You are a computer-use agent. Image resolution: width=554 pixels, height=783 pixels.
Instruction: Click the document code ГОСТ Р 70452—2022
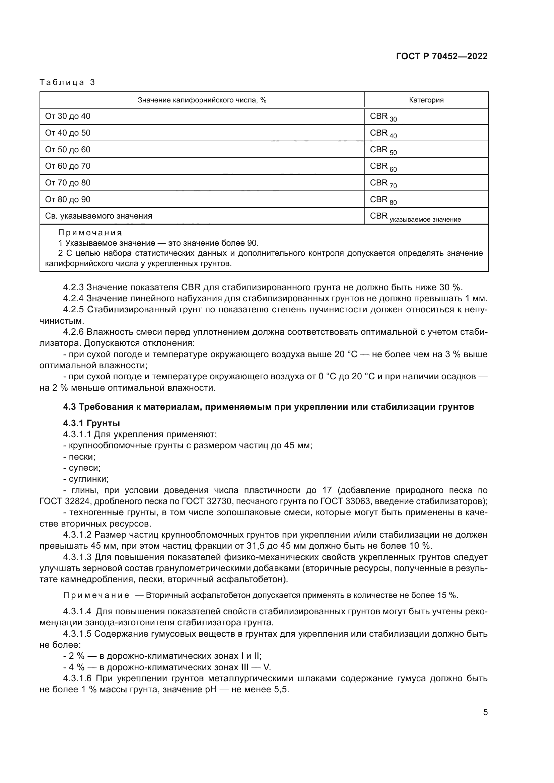pyautogui.click(x=442, y=56)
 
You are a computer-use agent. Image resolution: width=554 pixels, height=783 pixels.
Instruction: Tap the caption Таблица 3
pyautogui.click(x=67, y=82)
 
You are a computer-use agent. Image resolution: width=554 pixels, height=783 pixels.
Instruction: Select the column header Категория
pyautogui.click(x=426, y=100)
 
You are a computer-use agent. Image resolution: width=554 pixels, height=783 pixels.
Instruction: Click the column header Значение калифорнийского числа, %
pyautogui.click(x=202, y=100)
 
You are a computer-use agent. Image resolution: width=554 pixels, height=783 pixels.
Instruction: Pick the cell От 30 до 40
pyautogui.click(x=68, y=116)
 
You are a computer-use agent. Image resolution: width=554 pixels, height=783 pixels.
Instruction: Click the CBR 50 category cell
pyautogui.click(x=383, y=150)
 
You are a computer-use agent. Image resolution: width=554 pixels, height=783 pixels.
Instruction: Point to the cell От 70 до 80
pyautogui.click(x=68, y=183)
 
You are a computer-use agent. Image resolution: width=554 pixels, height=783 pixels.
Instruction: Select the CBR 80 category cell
pyautogui.click(x=383, y=200)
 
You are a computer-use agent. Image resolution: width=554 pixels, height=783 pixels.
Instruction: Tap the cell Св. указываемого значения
pyautogui.click(x=98, y=216)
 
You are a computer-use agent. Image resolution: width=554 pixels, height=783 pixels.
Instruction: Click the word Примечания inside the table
pyautogui.click(x=90, y=233)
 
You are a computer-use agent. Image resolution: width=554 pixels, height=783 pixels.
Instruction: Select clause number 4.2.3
pyautogui.click(x=73, y=287)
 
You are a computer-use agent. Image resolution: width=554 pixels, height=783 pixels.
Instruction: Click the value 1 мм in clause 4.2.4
pyautogui.click(x=476, y=298)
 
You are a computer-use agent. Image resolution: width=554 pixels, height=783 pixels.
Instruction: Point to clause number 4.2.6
pyautogui.click(x=73, y=332)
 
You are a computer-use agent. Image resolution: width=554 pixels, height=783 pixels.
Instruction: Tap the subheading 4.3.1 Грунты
pyautogui.click(x=91, y=423)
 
